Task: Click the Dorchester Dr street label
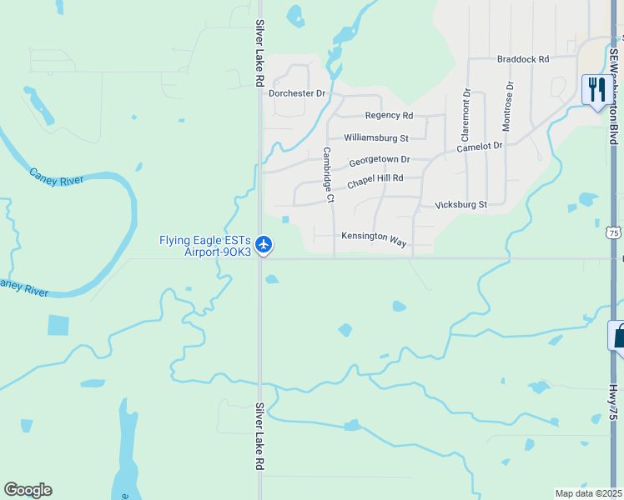[297, 94]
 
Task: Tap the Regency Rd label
[389, 116]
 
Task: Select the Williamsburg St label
[376, 138]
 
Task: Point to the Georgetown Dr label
[380, 160]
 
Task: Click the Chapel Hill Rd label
[375, 179]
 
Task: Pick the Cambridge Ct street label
[328, 175]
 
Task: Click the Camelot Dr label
[480, 147]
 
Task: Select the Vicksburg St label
[460, 204]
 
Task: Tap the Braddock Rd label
[523, 59]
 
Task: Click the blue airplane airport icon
[264, 244]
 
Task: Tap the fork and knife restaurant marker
[596, 88]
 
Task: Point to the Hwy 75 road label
[613, 401]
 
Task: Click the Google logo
[28, 490]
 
